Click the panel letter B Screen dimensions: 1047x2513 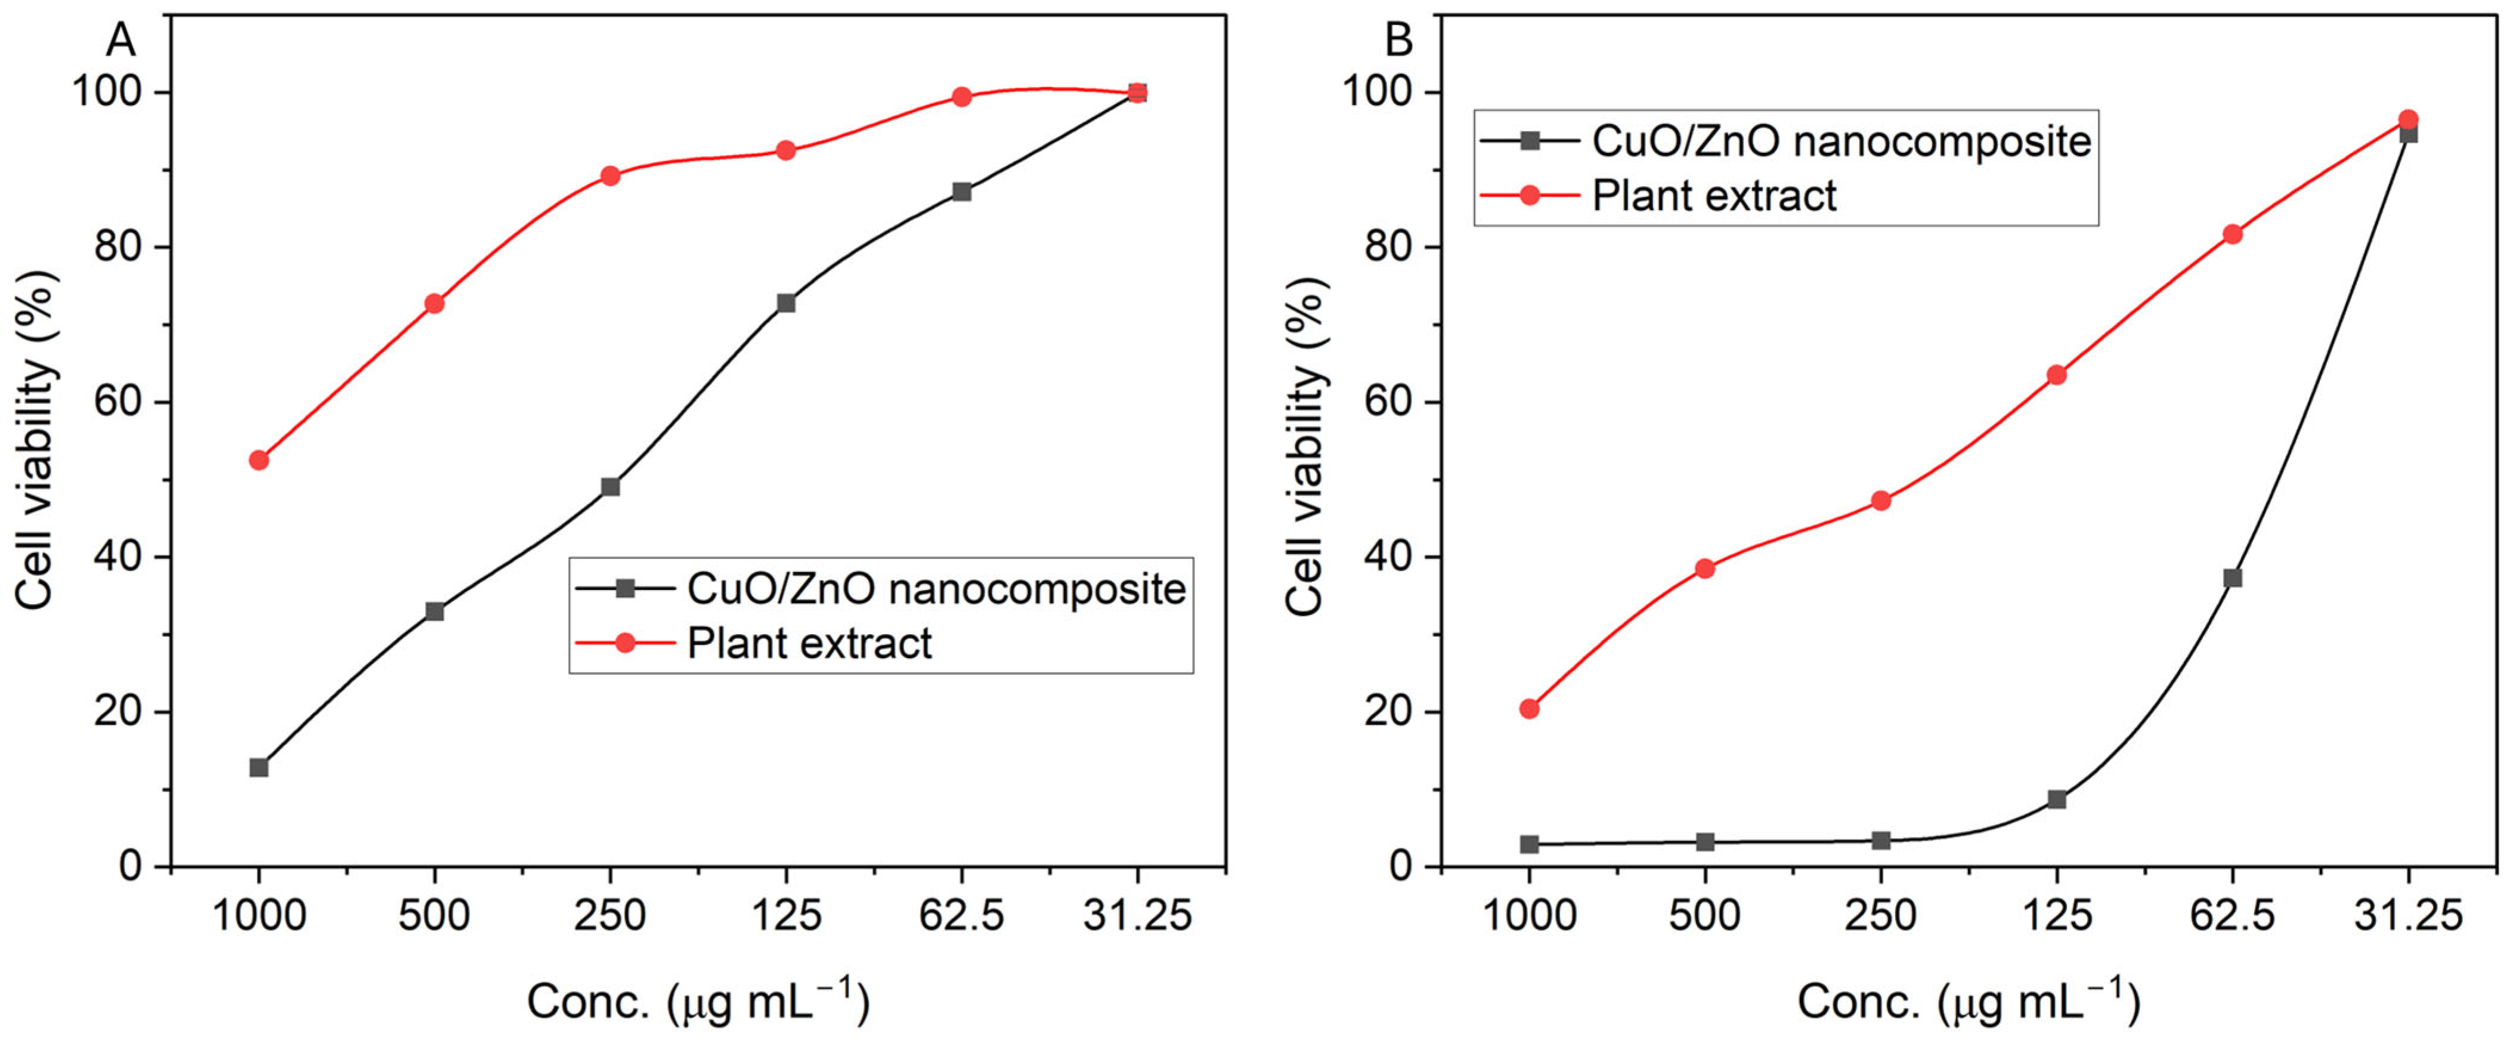1399,41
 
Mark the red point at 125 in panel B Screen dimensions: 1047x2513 2056,375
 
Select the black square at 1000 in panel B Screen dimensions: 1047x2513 1530,844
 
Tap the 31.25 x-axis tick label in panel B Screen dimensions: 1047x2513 2407,915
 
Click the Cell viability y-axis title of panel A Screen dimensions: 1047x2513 37,441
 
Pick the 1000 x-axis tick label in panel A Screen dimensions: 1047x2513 259,915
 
